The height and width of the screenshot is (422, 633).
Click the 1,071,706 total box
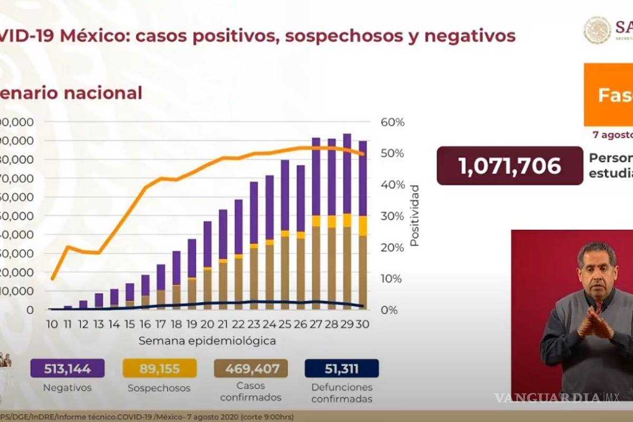(510, 166)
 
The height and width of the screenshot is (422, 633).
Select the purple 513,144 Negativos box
(68, 369)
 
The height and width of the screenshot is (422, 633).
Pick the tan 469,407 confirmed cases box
(251, 369)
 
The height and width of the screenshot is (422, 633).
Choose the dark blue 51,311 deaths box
(342, 369)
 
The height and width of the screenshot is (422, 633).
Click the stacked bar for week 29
(347, 222)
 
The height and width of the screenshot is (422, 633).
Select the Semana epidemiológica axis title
(207, 341)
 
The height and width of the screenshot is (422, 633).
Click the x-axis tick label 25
(284, 324)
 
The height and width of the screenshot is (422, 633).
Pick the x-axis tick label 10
(53, 324)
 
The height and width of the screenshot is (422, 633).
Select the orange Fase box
(609, 95)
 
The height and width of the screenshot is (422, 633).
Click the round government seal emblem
(597, 30)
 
